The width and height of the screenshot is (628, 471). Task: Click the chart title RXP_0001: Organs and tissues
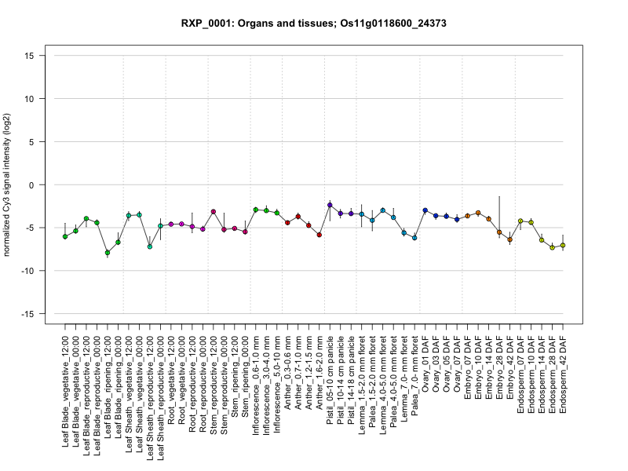(x=313, y=24)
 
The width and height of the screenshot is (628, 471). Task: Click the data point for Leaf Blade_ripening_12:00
(x=108, y=253)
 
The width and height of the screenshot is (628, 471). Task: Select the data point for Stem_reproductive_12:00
(x=214, y=211)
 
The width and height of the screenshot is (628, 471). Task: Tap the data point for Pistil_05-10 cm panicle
(x=330, y=205)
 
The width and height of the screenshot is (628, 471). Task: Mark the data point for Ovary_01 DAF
(x=425, y=210)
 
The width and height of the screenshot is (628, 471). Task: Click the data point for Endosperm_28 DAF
(x=552, y=247)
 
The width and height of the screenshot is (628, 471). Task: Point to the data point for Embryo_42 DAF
(x=509, y=239)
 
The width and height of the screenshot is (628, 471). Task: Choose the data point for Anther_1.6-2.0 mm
(x=319, y=235)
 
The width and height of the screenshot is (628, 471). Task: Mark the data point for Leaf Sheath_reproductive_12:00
(x=150, y=246)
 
